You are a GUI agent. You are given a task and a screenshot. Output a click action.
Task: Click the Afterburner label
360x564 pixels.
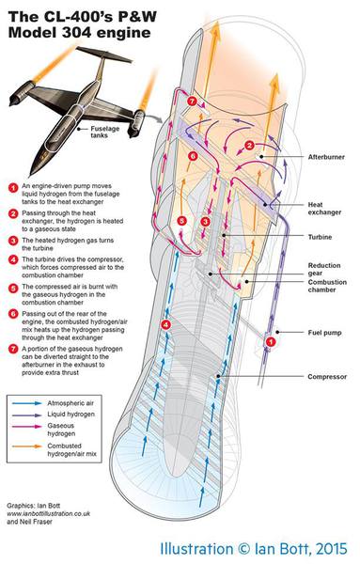point(326,157)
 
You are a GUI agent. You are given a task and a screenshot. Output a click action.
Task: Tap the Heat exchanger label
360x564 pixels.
point(324,209)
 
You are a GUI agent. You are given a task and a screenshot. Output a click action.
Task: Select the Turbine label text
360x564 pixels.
point(320,237)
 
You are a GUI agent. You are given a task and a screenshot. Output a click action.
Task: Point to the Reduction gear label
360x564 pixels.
point(324,269)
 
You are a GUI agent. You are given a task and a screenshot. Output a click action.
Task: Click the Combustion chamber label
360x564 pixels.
point(327,286)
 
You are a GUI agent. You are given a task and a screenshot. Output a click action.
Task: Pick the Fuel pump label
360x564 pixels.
point(325,333)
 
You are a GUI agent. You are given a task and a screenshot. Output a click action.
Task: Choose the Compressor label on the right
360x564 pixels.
point(327,377)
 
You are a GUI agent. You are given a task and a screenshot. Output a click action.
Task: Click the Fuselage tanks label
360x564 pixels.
point(105,132)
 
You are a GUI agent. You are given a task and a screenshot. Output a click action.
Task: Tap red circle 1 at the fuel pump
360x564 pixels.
point(271,342)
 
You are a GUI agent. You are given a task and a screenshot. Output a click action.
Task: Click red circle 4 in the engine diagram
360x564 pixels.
point(165,325)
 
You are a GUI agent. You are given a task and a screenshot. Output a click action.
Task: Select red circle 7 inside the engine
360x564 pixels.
point(192,102)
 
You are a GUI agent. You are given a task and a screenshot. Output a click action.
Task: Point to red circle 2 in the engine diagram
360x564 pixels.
point(250,146)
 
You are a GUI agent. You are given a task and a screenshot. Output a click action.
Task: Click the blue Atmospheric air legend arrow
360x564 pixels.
point(27,403)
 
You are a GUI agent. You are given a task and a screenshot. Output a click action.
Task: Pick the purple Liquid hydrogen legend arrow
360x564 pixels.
point(27,415)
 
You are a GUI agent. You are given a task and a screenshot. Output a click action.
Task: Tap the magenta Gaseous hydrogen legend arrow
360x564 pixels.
point(27,426)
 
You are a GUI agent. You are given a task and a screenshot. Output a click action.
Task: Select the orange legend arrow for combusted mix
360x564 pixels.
point(27,446)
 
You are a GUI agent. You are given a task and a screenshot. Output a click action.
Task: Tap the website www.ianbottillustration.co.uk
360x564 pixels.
point(49,513)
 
